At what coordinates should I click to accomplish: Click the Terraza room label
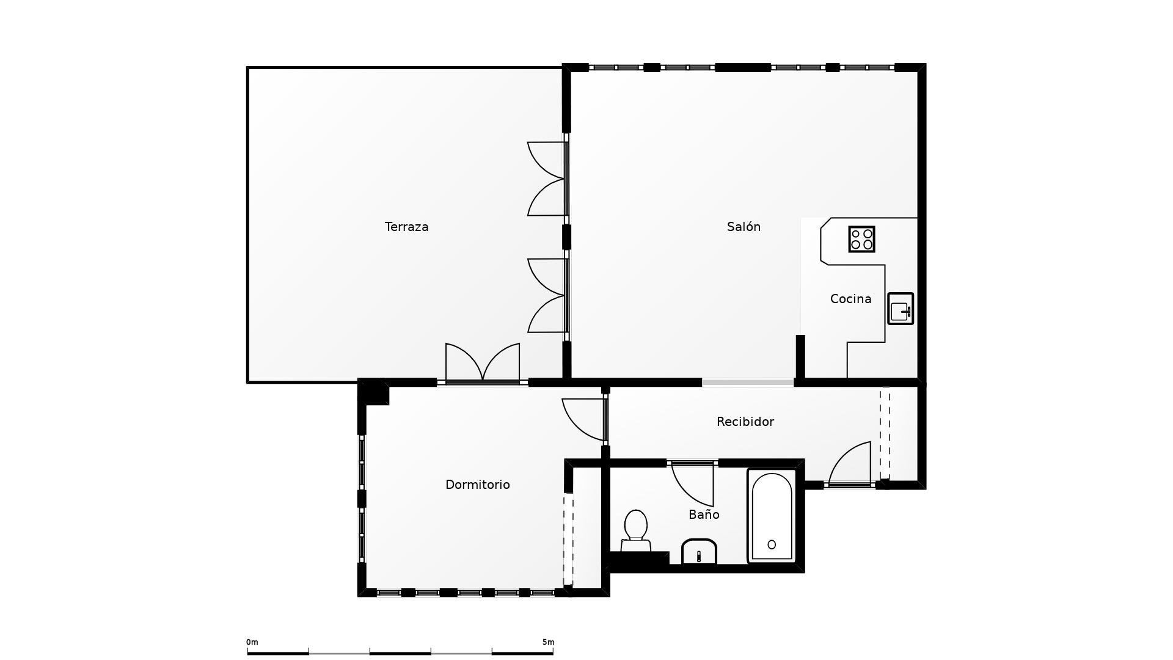406,227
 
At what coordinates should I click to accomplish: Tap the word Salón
744,227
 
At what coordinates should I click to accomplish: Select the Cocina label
850,299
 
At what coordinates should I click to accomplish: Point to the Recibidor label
745,422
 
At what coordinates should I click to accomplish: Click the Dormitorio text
477,485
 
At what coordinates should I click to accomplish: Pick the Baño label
704,515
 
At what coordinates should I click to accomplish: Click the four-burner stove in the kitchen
861,239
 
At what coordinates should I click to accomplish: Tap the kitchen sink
901,309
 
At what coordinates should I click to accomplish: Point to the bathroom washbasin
699,552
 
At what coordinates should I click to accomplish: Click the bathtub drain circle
772,544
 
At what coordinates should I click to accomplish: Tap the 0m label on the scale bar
252,642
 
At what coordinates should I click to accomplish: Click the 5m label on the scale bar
548,642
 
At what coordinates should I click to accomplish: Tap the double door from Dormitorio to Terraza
483,363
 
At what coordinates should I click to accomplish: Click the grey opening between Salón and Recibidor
748,383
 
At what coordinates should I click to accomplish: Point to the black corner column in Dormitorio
374,392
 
